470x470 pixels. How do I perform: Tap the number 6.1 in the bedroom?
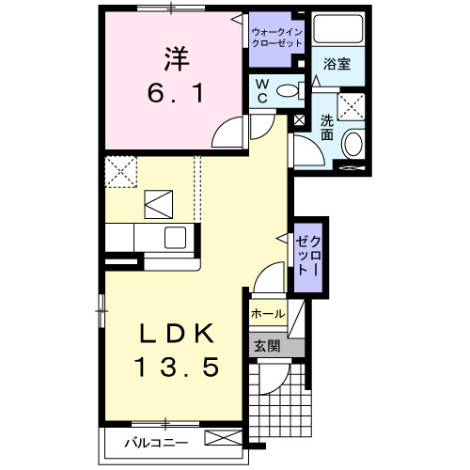point(176,95)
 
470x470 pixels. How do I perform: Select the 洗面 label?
point(326,127)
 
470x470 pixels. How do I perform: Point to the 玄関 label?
point(266,346)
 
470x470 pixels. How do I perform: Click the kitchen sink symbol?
point(177,236)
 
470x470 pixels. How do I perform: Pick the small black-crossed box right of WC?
point(300,119)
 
